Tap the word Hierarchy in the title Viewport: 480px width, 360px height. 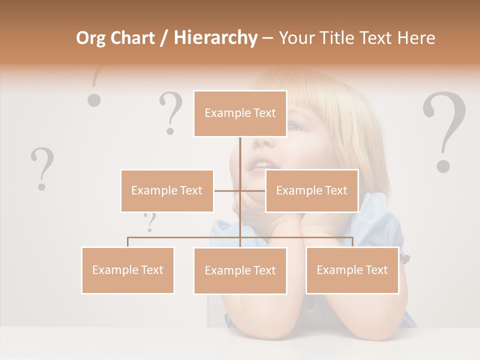click(215, 38)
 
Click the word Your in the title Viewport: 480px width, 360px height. click(297, 38)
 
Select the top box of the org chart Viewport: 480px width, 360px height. click(240, 113)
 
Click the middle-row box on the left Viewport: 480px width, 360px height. click(167, 190)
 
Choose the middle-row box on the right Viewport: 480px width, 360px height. click(311, 190)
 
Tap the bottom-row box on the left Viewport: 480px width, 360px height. click(128, 270)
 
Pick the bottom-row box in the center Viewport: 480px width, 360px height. click(240, 270)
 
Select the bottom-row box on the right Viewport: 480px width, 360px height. click(352, 270)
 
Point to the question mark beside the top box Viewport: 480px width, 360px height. click(171, 112)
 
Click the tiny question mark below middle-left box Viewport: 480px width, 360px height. click(149, 222)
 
